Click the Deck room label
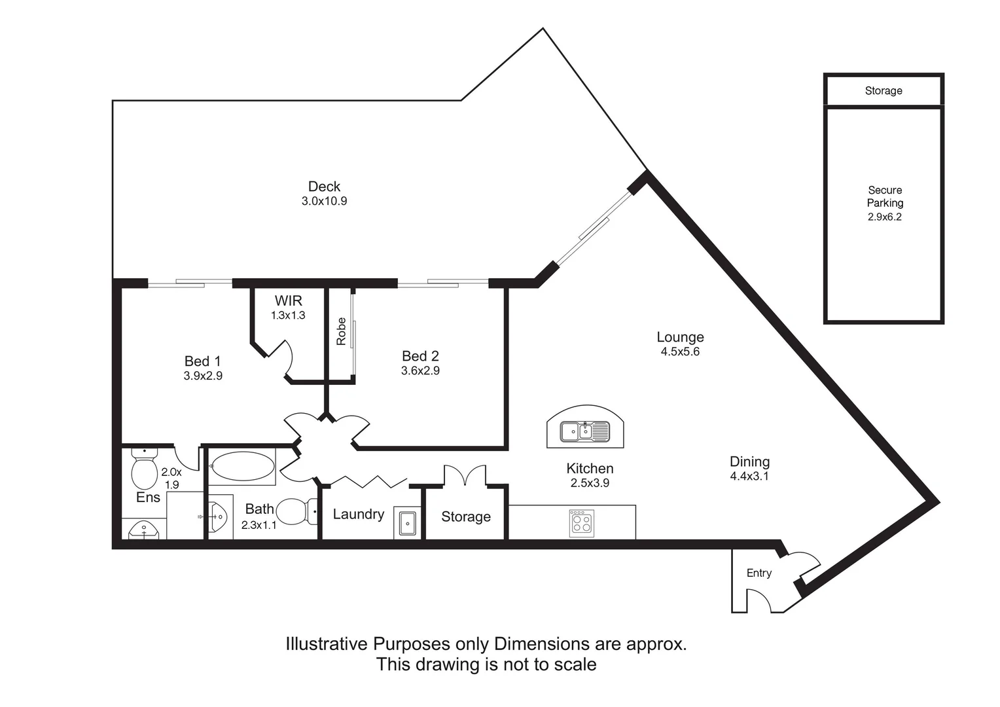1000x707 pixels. tap(324, 186)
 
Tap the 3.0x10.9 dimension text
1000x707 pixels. tap(324, 201)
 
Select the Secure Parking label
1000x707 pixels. tap(885, 196)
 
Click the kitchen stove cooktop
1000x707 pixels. tap(582, 523)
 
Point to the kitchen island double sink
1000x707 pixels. tap(585, 431)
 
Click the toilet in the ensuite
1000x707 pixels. tap(144, 469)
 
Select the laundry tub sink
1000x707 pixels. tap(407, 522)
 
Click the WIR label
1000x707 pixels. tap(289, 300)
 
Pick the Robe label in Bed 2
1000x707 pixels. tap(341, 331)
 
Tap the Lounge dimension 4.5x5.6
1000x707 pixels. tap(680, 352)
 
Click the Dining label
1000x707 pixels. tap(749, 462)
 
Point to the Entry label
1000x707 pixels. tap(759, 573)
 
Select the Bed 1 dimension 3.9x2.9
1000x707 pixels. tap(203, 376)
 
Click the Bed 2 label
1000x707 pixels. tap(420, 356)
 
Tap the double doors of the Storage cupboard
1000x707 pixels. tap(465, 475)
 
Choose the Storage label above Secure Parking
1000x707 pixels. tap(884, 90)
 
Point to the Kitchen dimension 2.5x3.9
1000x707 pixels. tap(590, 483)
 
